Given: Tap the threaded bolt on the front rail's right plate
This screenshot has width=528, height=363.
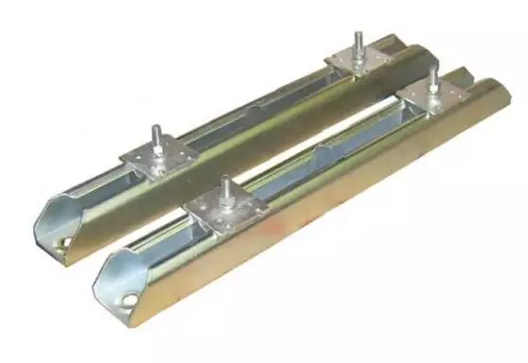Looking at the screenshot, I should coord(431,78).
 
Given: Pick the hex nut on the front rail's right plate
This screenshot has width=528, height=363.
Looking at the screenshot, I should coord(431,90).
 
